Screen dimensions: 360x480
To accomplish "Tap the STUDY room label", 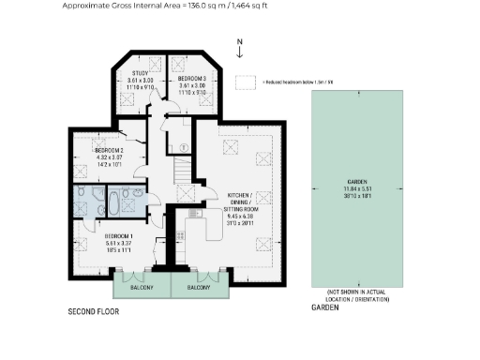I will (x=140, y=72).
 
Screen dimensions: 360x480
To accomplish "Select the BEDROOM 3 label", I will (x=193, y=79).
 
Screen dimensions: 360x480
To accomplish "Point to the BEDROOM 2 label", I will (x=110, y=150).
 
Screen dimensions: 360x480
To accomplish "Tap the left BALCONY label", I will (x=142, y=287).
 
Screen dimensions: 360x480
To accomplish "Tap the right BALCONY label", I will (x=199, y=287).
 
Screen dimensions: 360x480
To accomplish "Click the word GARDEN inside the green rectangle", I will (x=355, y=181).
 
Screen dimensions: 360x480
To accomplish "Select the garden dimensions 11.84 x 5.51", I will (x=355, y=188).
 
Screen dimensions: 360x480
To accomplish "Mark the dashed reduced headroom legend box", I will (x=246, y=82).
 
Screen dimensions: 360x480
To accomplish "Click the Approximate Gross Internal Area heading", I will (x=163, y=5).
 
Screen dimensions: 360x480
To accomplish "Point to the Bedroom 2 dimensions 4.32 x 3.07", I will (x=110, y=157).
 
